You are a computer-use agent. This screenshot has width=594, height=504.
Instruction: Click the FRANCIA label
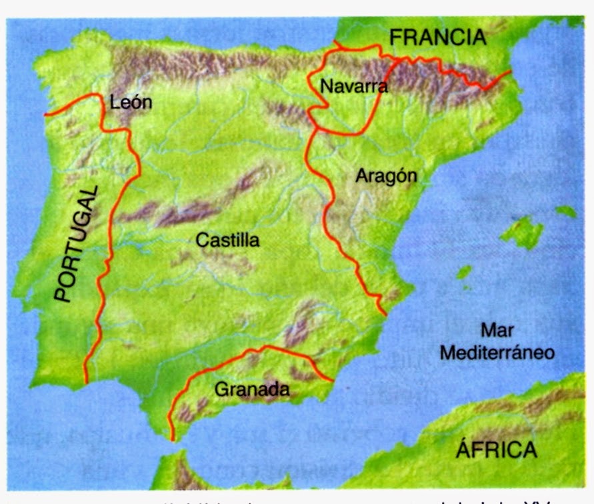[x=437, y=38]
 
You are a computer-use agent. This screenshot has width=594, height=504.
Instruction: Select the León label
[x=131, y=102]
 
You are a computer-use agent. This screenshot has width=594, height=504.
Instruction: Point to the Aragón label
[x=386, y=177]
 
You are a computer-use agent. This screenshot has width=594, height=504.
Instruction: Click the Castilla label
[x=227, y=240]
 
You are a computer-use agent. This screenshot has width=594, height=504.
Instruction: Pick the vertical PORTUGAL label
[x=77, y=243]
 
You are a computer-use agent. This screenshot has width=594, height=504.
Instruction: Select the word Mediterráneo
[x=497, y=353]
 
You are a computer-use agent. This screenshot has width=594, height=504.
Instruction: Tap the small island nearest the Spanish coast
[x=464, y=272]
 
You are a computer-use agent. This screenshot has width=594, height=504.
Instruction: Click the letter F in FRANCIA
[x=395, y=38]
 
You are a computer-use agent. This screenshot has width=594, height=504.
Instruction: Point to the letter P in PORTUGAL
[x=63, y=293]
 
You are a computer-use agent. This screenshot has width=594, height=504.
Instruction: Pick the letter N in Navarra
[x=325, y=86]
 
